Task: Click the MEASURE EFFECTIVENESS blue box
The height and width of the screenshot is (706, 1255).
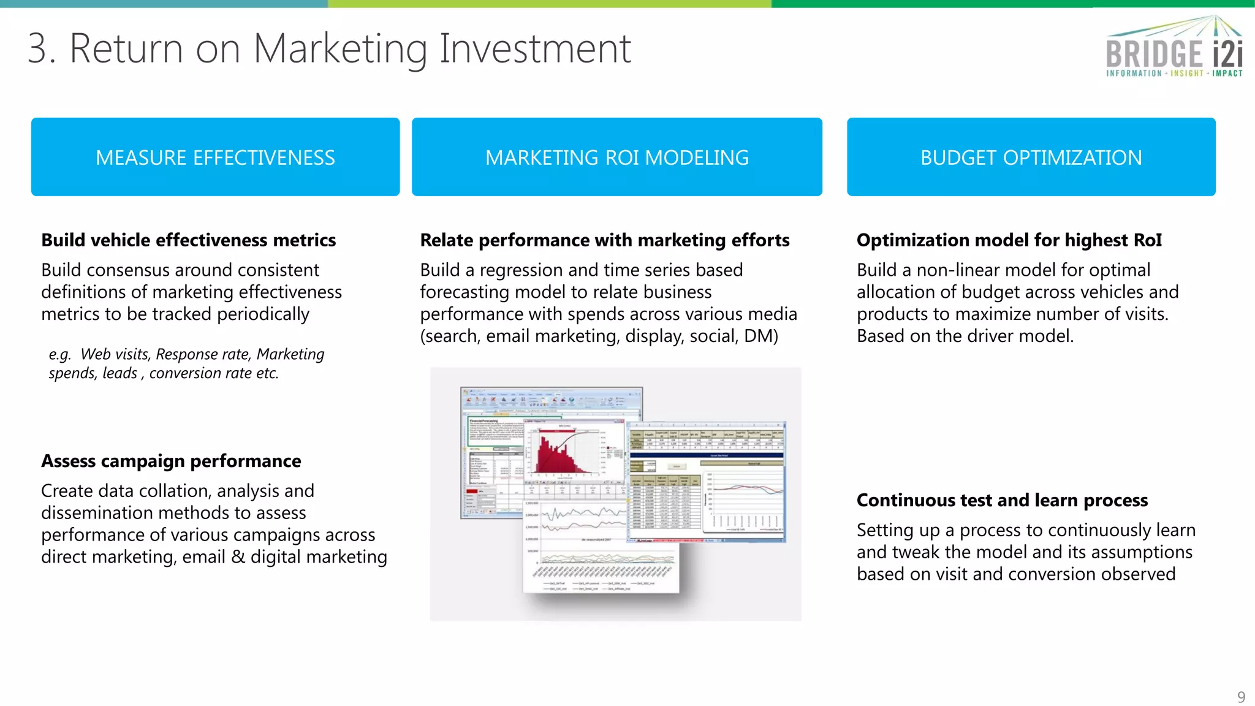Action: tap(215, 157)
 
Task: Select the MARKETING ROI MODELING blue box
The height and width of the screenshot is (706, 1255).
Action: tap(616, 157)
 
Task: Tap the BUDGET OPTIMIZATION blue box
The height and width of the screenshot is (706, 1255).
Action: tap(1031, 157)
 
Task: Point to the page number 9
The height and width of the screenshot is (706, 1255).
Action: tap(1241, 697)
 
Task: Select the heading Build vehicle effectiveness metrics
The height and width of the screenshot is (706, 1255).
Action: tap(188, 240)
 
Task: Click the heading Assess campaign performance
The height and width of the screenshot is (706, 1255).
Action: tap(171, 461)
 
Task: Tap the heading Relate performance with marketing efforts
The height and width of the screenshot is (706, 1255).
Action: tap(604, 240)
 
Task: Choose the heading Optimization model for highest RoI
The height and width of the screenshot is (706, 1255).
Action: tap(1009, 240)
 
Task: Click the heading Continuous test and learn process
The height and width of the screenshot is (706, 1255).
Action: tap(1002, 500)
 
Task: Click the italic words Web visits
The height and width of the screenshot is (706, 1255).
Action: tap(115, 354)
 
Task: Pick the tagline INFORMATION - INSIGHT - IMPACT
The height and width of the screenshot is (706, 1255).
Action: tap(1173, 74)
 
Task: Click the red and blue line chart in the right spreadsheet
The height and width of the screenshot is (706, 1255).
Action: tap(745, 490)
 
